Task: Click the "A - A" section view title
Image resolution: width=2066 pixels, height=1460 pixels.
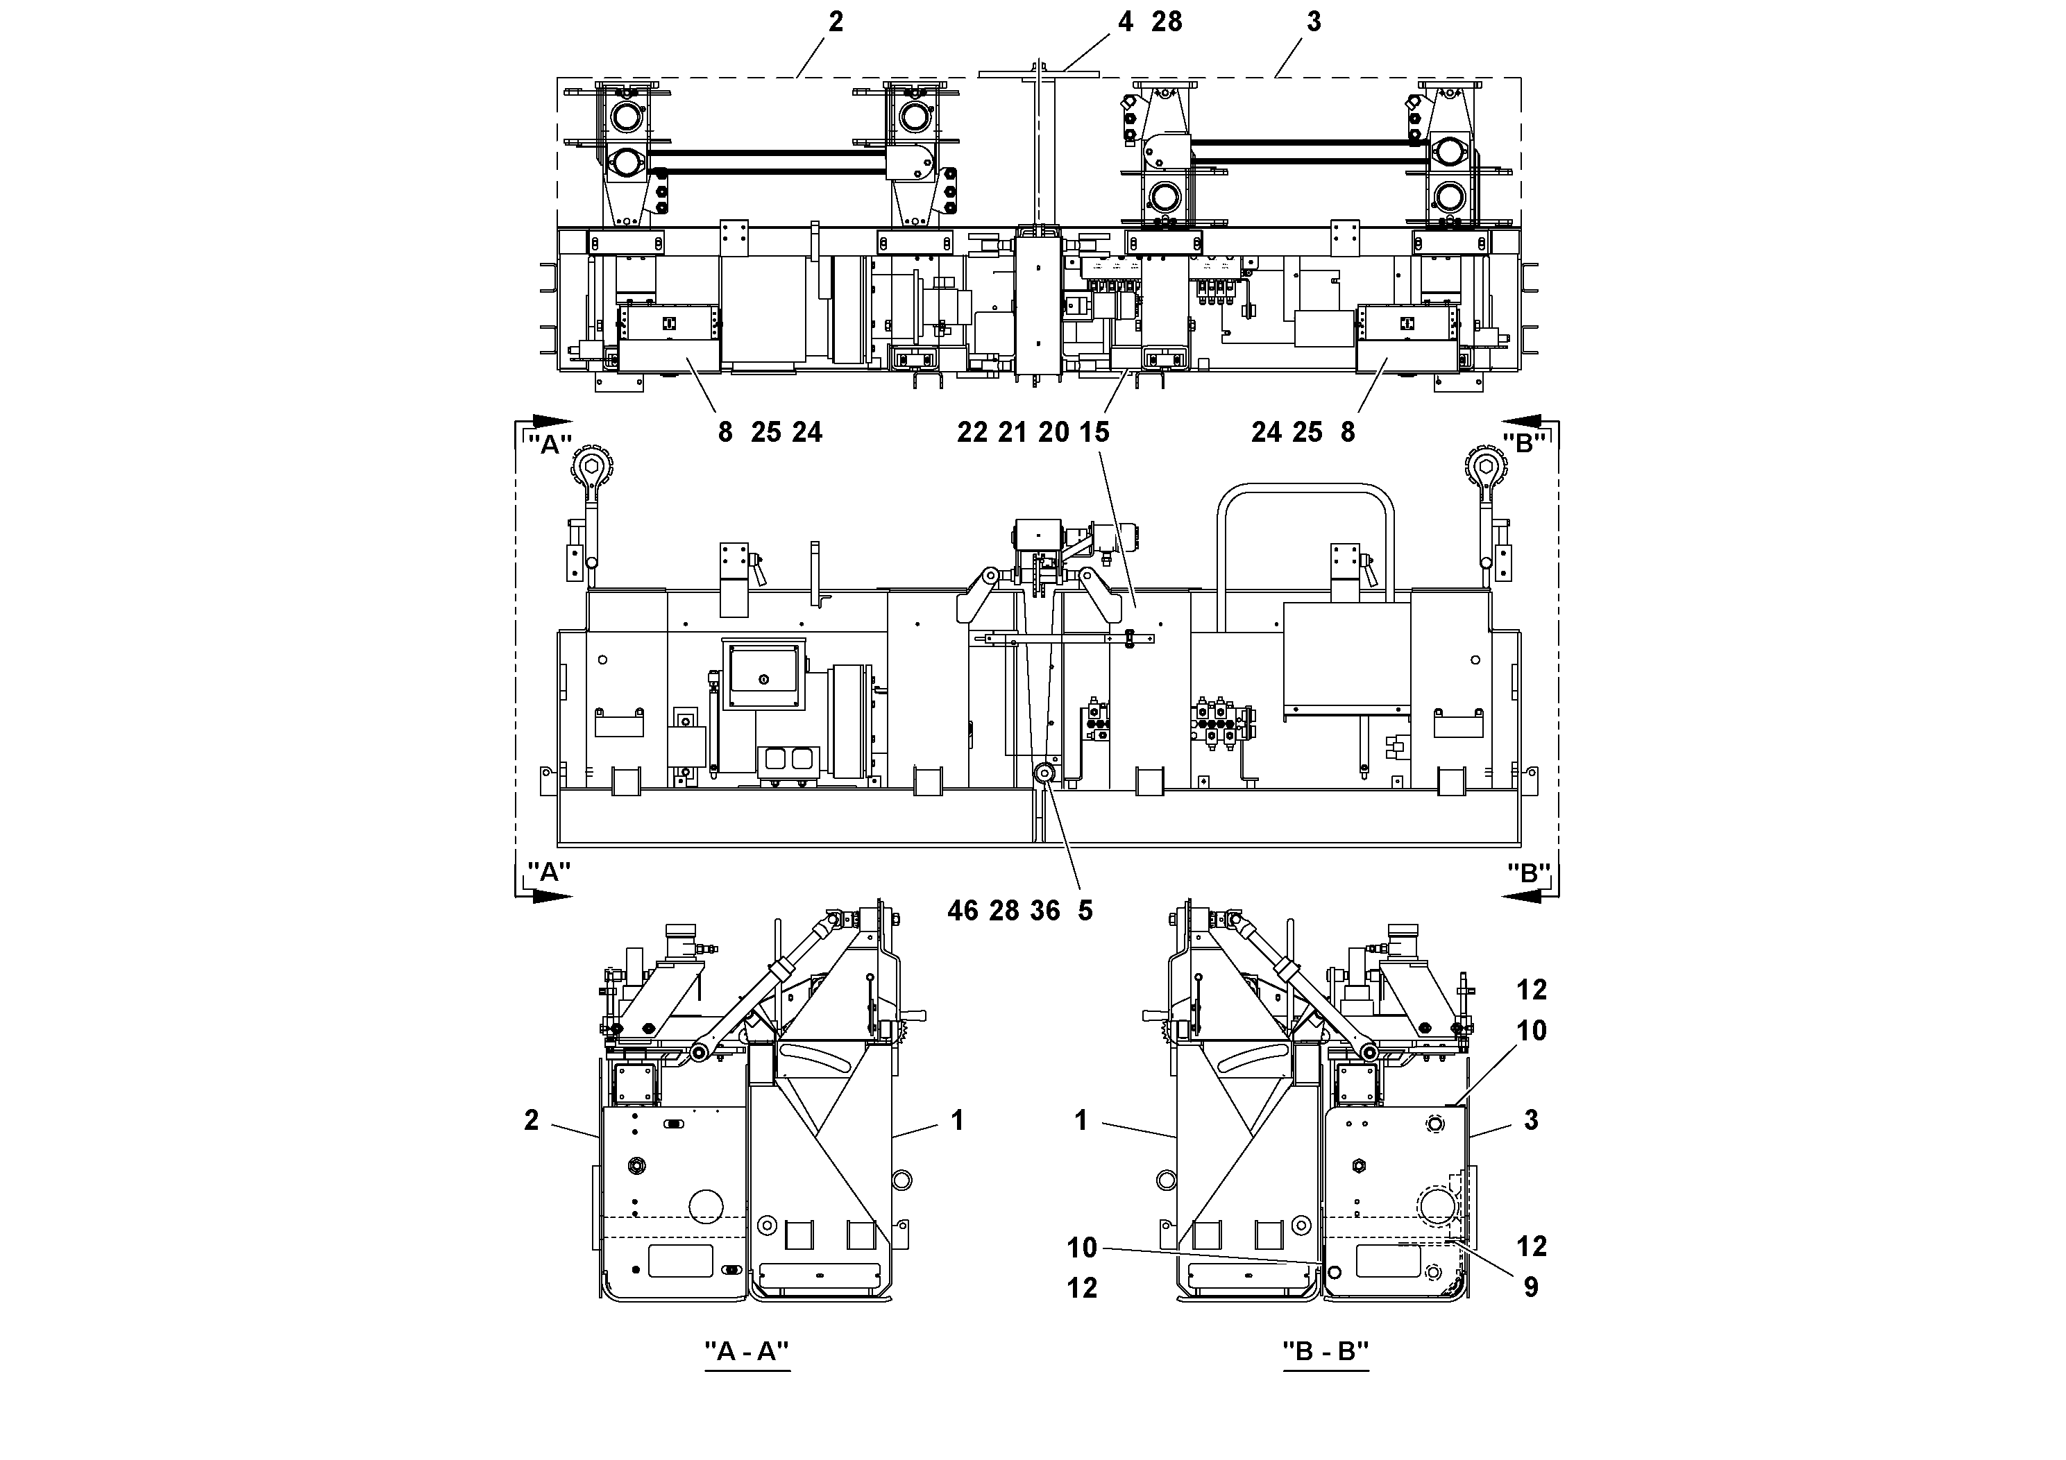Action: [x=747, y=1351]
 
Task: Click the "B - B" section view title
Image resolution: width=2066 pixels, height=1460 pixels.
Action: [x=1326, y=1351]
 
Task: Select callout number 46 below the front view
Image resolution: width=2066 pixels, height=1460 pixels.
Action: [x=962, y=911]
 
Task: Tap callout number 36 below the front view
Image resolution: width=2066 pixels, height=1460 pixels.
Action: [x=1044, y=911]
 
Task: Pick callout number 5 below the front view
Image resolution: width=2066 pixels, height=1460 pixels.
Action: [x=1085, y=911]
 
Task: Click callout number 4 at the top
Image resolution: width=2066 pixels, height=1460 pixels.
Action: [x=1125, y=22]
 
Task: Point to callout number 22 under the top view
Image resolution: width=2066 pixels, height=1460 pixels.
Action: [x=972, y=433]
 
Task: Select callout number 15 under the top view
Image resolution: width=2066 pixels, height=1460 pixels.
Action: [x=1094, y=433]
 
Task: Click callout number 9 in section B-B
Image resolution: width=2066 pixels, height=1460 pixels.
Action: [x=1531, y=1287]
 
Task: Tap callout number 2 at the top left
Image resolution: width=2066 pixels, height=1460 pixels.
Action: [x=836, y=22]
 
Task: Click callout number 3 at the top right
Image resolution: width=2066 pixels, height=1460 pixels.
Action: [x=1314, y=22]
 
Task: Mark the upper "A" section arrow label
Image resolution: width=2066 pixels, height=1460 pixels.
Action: [x=549, y=445]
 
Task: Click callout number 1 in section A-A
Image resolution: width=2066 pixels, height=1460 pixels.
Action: [x=958, y=1121]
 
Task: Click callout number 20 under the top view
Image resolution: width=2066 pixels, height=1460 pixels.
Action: [x=1053, y=433]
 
